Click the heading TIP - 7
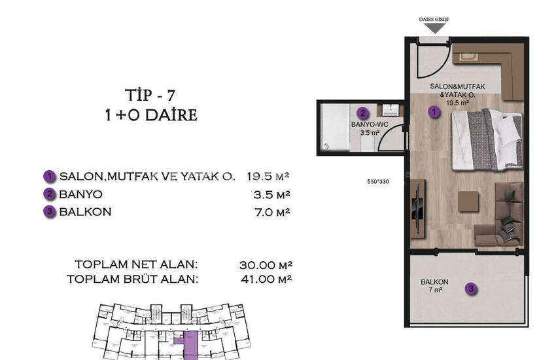(x=150, y=96)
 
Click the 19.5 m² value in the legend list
(x=268, y=176)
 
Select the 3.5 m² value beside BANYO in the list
(x=272, y=194)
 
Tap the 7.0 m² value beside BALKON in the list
(x=272, y=212)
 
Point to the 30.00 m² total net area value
(x=266, y=265)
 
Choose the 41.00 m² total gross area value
(x=266, y=279)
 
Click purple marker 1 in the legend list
(x=50, y=176)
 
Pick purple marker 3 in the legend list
(x=50, y=211)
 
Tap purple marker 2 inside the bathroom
(x=363, y=113)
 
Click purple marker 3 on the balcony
(x=471, y=289)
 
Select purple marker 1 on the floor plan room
(x=434, y=112)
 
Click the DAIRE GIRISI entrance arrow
(x=434, y=28)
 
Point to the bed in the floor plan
(x=487, y=139)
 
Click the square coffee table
(x=468, y=202)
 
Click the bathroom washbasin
(x=390, y=110)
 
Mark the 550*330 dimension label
(x=378, y=181)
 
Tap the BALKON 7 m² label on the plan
(x=435, y=286)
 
